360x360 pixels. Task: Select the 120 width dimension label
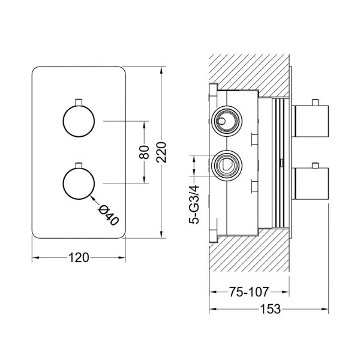(78, 258)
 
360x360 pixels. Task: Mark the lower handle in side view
(310, 185)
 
